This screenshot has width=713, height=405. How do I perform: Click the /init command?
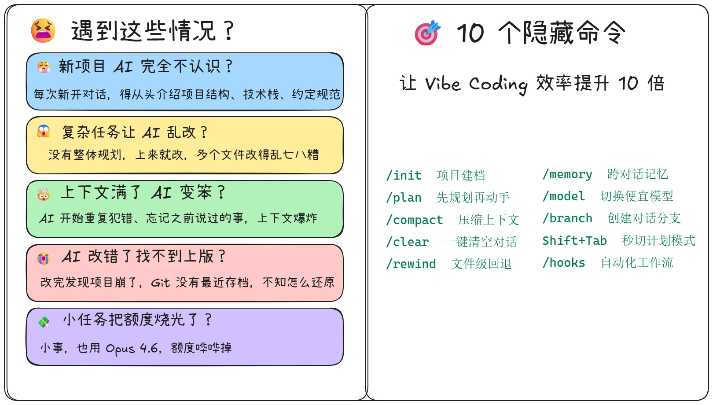[x=404, y=176]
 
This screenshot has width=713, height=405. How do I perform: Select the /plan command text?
[x=404, y=198]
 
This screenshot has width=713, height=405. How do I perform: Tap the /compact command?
[x=415, y=220]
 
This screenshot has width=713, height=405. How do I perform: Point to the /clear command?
[x=408, y=242]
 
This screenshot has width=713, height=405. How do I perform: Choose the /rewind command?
[x=411, y=264]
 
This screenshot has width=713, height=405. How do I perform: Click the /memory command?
[x=567, y=174]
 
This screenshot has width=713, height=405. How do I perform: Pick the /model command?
[x=564, y=196]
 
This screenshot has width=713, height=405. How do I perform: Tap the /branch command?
[x=567, y=218]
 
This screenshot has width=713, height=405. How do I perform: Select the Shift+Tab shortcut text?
[x=574, y=241]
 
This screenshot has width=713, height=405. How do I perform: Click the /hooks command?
[x=564, y=263]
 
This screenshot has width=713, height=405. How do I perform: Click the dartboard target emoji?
[x=427, y=33]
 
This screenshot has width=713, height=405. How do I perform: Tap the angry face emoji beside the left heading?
[x=43, y=30]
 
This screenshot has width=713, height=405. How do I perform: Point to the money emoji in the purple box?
[x=44, y=322]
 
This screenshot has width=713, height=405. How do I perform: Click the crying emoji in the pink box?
[x=44, y=258]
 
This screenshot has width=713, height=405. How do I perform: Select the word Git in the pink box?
[x=160, y=283]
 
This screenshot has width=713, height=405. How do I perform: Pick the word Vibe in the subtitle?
[x=443, y=83]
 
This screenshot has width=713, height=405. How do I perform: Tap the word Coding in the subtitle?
[x=498, y=85]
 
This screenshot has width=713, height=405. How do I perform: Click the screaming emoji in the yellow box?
[x=44, y=131]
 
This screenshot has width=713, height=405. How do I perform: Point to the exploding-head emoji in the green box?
[x=44, y=195]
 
